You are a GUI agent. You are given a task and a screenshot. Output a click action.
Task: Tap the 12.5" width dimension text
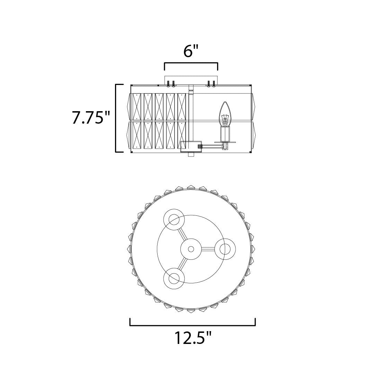point(192,338)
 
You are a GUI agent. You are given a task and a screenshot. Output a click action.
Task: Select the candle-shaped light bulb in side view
point(225,114)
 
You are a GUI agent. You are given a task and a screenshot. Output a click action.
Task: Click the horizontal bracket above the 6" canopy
point(191,64)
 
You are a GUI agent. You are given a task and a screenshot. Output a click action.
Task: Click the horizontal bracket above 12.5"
point(193,325)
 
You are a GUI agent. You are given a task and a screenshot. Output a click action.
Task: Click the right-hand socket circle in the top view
point(225,249)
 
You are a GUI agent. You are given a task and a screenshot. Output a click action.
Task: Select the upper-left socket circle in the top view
point(174,220)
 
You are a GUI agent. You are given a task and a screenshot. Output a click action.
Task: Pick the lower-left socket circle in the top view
point(174,278)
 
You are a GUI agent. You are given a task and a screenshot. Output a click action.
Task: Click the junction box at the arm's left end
point(191,146)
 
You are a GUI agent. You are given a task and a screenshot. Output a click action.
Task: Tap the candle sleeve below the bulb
point(225,134)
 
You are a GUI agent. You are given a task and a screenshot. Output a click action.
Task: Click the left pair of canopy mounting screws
point(170,83)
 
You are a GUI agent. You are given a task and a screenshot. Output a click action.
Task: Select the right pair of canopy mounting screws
point(211,83)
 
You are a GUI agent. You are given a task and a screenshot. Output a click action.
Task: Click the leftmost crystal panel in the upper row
point(137,106)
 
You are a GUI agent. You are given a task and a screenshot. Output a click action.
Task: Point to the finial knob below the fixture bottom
point(190,154)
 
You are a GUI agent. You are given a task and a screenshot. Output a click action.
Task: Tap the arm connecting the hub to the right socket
point(208,249)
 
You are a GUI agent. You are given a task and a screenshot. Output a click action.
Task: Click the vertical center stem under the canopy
point(190,114)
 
